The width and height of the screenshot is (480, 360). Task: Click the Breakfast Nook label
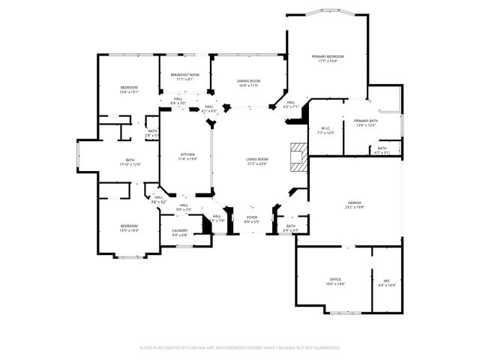point(184,75)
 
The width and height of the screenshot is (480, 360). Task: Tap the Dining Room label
point(249,81)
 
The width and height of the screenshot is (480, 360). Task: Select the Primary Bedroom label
point(328,57)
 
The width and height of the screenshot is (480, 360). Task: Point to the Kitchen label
point(187,154)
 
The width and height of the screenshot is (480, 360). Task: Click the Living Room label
point(257,159)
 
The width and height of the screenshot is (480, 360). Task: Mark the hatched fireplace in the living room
point(299,157)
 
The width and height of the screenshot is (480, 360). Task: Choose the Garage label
point(355,203)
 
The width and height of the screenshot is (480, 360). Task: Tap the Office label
point(334,279)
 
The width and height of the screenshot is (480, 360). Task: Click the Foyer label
point(251,217)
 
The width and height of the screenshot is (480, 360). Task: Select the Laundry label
point(179,230)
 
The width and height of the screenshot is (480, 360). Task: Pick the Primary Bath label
point(366,121)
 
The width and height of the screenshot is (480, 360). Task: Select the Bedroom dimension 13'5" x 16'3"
point(129,231)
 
